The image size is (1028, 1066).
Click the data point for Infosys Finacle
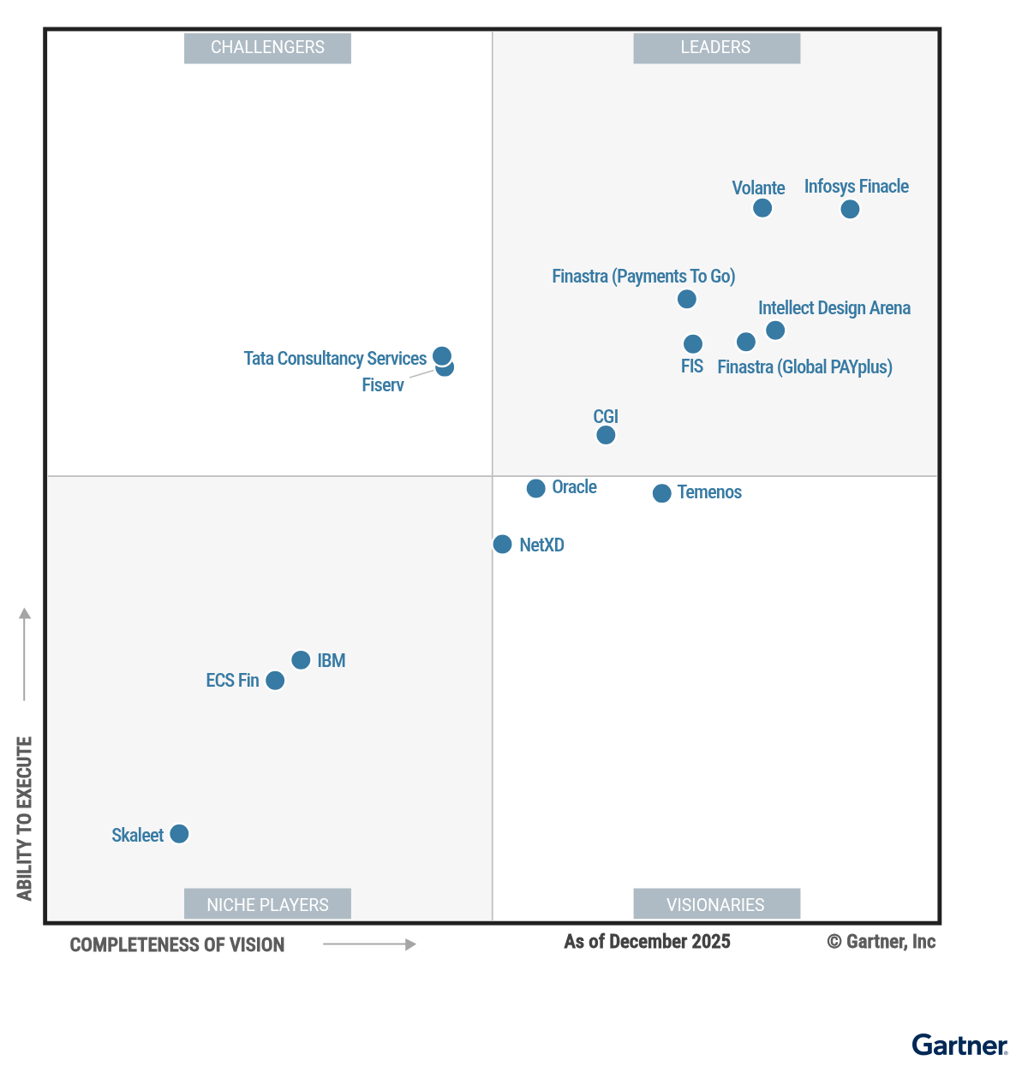coord(850,209)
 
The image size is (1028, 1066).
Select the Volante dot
coord(762,208)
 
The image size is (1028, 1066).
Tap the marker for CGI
coord(606,435)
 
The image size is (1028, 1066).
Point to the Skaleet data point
coord(179,834)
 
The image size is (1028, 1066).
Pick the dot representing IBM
coord(301,660)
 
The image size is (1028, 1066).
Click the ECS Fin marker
coord(275,681)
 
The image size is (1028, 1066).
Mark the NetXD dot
coord(503,545)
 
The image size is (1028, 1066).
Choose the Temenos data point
coord(662,493)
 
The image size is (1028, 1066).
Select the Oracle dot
coord(536,489)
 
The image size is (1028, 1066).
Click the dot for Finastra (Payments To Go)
coord(687,299)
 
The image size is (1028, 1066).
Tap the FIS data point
coord(693,344)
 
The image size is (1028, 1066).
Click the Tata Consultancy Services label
coord(335,359)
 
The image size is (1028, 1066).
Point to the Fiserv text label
coord(383,385)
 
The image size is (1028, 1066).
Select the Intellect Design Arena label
coord(834,308)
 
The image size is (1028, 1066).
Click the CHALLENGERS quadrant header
coord(267,48)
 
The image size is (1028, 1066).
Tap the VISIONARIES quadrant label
coord(716,905)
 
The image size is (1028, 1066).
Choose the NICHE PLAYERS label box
coord(267,905)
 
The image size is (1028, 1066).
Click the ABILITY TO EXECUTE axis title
coord(25,818)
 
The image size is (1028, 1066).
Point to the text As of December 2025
coord(647,942)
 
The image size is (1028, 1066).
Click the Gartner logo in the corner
coord(959,1045)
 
